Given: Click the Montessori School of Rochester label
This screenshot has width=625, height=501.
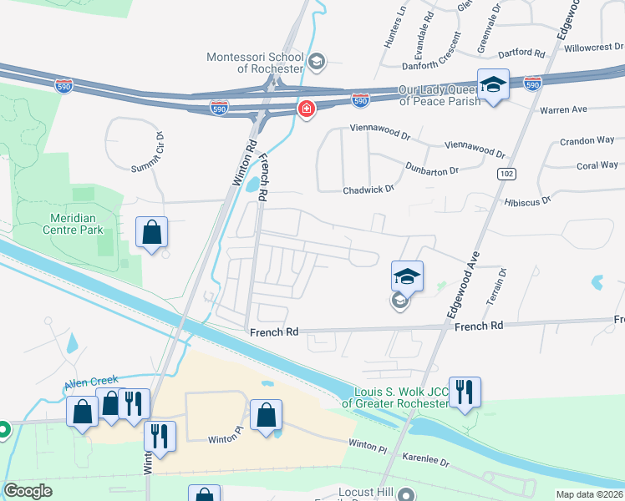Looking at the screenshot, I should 255,62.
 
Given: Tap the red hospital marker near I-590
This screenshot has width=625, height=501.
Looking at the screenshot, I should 307,110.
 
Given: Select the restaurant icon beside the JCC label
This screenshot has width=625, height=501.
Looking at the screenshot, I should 465,392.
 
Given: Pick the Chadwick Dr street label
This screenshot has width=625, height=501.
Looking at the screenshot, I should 368,190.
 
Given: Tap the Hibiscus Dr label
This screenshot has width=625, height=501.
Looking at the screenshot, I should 527,200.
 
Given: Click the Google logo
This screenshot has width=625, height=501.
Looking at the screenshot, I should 28,491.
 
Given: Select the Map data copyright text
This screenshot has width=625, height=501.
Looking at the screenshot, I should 590,494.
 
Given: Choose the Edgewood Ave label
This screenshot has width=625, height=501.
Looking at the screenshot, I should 462,280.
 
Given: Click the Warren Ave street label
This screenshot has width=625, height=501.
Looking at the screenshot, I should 563,109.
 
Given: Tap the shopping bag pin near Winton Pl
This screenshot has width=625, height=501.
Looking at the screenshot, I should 266,415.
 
